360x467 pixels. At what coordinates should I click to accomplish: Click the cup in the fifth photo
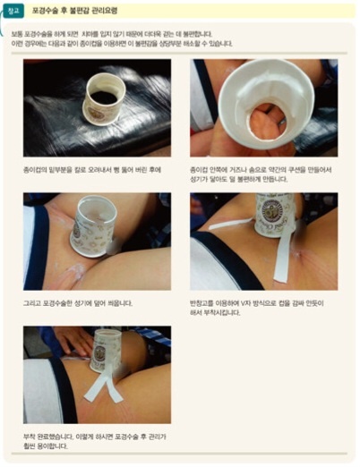click(106, 349)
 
